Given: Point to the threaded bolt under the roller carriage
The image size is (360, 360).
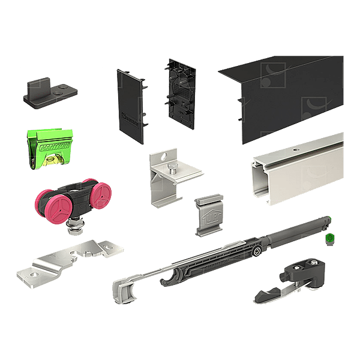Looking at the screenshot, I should (77, 227).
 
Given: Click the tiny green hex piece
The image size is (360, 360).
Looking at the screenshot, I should (329, 239).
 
